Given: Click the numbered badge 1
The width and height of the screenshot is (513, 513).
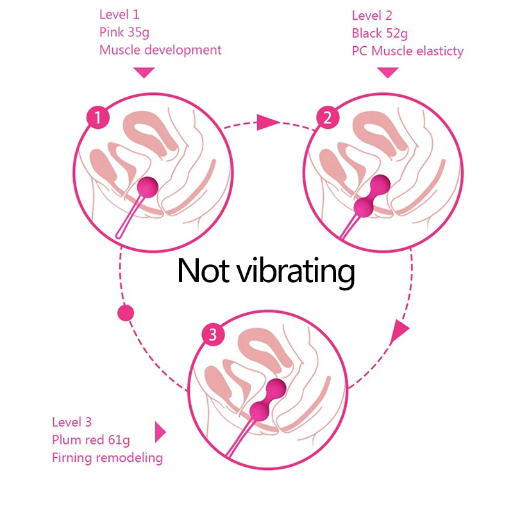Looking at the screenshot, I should [97, 117].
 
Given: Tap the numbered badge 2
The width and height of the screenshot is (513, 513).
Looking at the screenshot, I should [328, 117].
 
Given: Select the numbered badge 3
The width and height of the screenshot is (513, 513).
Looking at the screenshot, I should [213, 334].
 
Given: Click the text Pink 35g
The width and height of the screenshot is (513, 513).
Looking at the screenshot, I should [124, 32].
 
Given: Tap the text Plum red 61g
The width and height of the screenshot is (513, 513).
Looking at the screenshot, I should [91, 440].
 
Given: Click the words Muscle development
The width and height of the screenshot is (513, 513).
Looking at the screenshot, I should [160, 50].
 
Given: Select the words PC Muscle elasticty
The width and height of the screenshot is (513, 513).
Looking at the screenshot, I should [408, 51].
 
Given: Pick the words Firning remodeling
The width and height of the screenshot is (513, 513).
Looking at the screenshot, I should [107, 458].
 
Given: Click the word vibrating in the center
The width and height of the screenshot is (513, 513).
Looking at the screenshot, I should [296, 271].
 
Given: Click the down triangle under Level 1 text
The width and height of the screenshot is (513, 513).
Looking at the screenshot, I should [145, 72].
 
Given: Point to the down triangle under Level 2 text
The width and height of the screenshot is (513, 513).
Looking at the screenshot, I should [387, 72].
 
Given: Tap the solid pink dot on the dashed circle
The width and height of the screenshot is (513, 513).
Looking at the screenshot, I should [126, 314].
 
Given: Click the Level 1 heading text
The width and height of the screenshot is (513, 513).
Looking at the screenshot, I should [119, 14].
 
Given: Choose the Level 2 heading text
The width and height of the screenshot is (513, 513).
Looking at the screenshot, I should [372, 15].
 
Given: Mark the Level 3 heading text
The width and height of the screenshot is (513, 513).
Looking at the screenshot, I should [72, 422].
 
